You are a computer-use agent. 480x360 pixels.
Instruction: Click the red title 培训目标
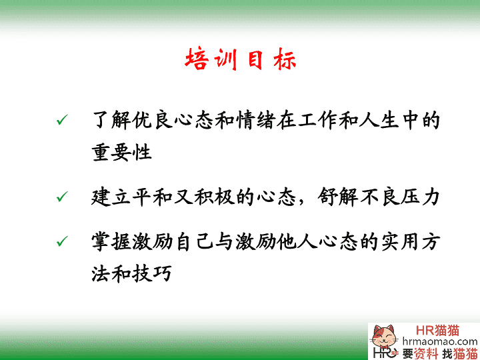(x=241, y=59)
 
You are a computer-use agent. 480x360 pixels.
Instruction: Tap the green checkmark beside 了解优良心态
(x=62, y=120)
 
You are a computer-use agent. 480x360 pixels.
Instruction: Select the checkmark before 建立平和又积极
(x=62, y=197)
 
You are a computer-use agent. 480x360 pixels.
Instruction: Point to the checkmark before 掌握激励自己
(x=62, y=241)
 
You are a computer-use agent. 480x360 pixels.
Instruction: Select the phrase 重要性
(x=122, y=152)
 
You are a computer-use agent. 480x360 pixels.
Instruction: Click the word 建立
(x=111, y=197)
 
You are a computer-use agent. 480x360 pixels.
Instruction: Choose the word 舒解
(x=337, y=197)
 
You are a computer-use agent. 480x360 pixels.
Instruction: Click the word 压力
(x=420, y=197)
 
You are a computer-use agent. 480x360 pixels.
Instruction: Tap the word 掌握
(x=111, y=241)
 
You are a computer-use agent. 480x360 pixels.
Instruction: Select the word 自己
(x=195, y=241)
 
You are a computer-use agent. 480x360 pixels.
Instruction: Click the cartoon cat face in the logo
(x=383, y=337)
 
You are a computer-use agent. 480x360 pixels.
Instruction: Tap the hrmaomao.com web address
(x=440, y=341)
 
